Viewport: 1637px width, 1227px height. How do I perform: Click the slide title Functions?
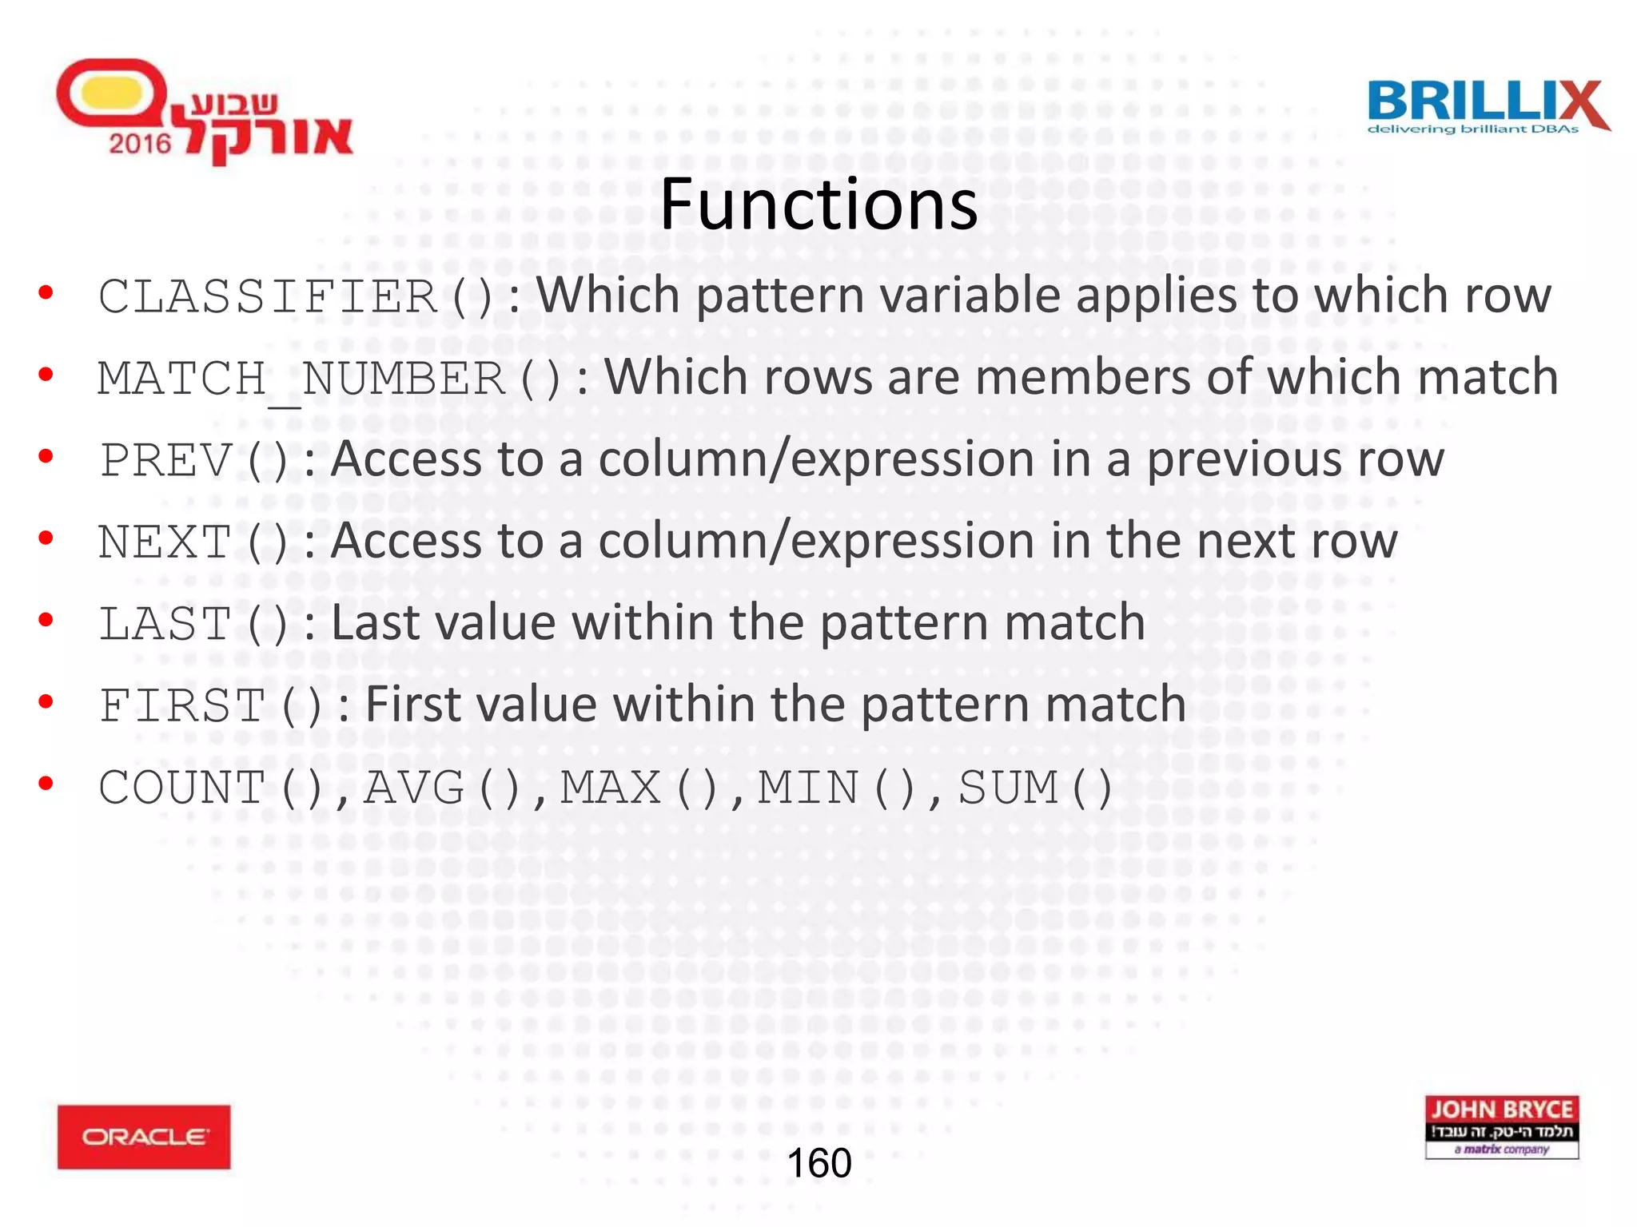[x=818, y=204]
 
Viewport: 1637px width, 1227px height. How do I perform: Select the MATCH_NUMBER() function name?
[x=329, y=379]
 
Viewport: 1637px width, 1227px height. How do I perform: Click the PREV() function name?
[x=193, y=461]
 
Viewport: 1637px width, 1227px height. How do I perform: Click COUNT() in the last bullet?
[x=211, y=788]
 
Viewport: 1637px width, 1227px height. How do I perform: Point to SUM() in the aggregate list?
[x=1036, y=788]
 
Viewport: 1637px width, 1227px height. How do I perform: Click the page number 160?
[x=819, y=1163]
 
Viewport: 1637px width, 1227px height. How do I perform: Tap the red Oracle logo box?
[x=144, y=1137]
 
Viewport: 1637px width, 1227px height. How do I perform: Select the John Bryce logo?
[x=1502, y=1127]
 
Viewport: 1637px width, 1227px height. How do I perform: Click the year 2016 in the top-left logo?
[x=140, y=144]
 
